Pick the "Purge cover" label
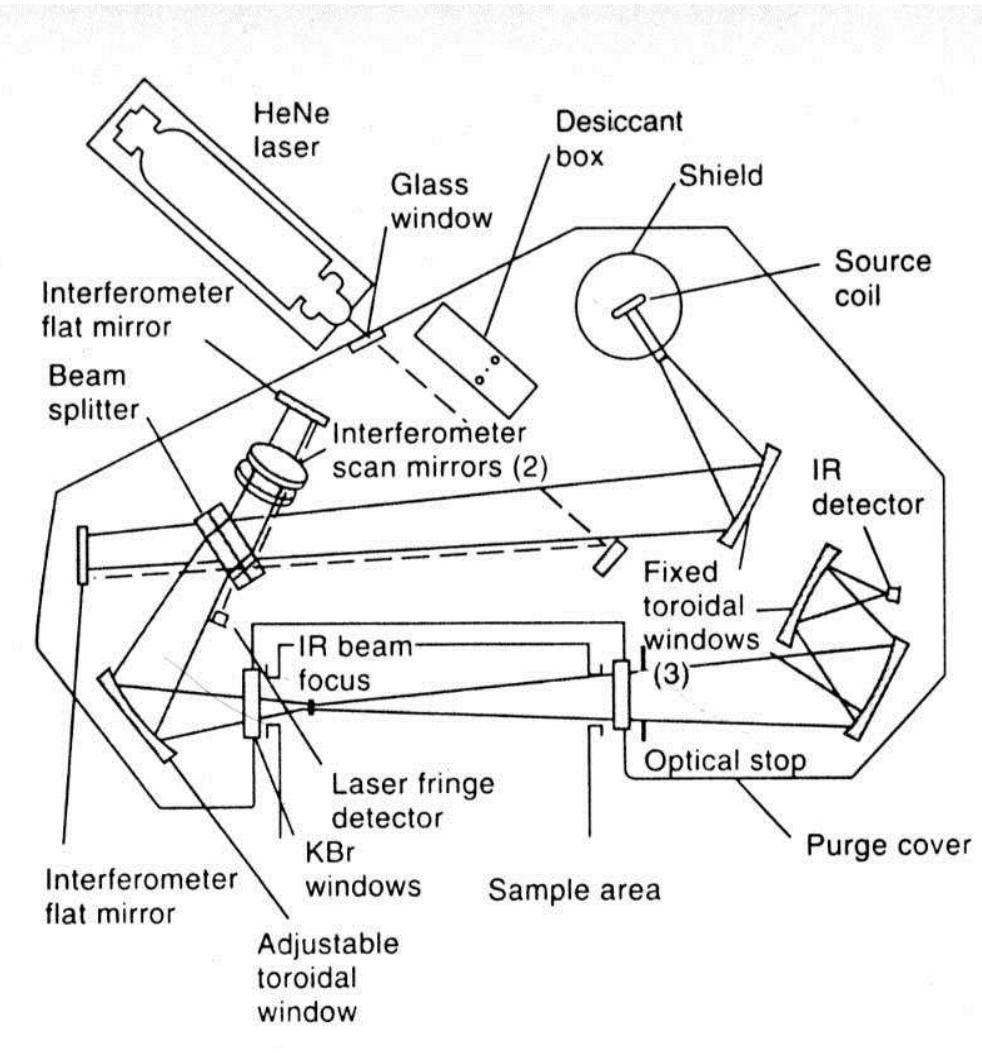888,847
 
